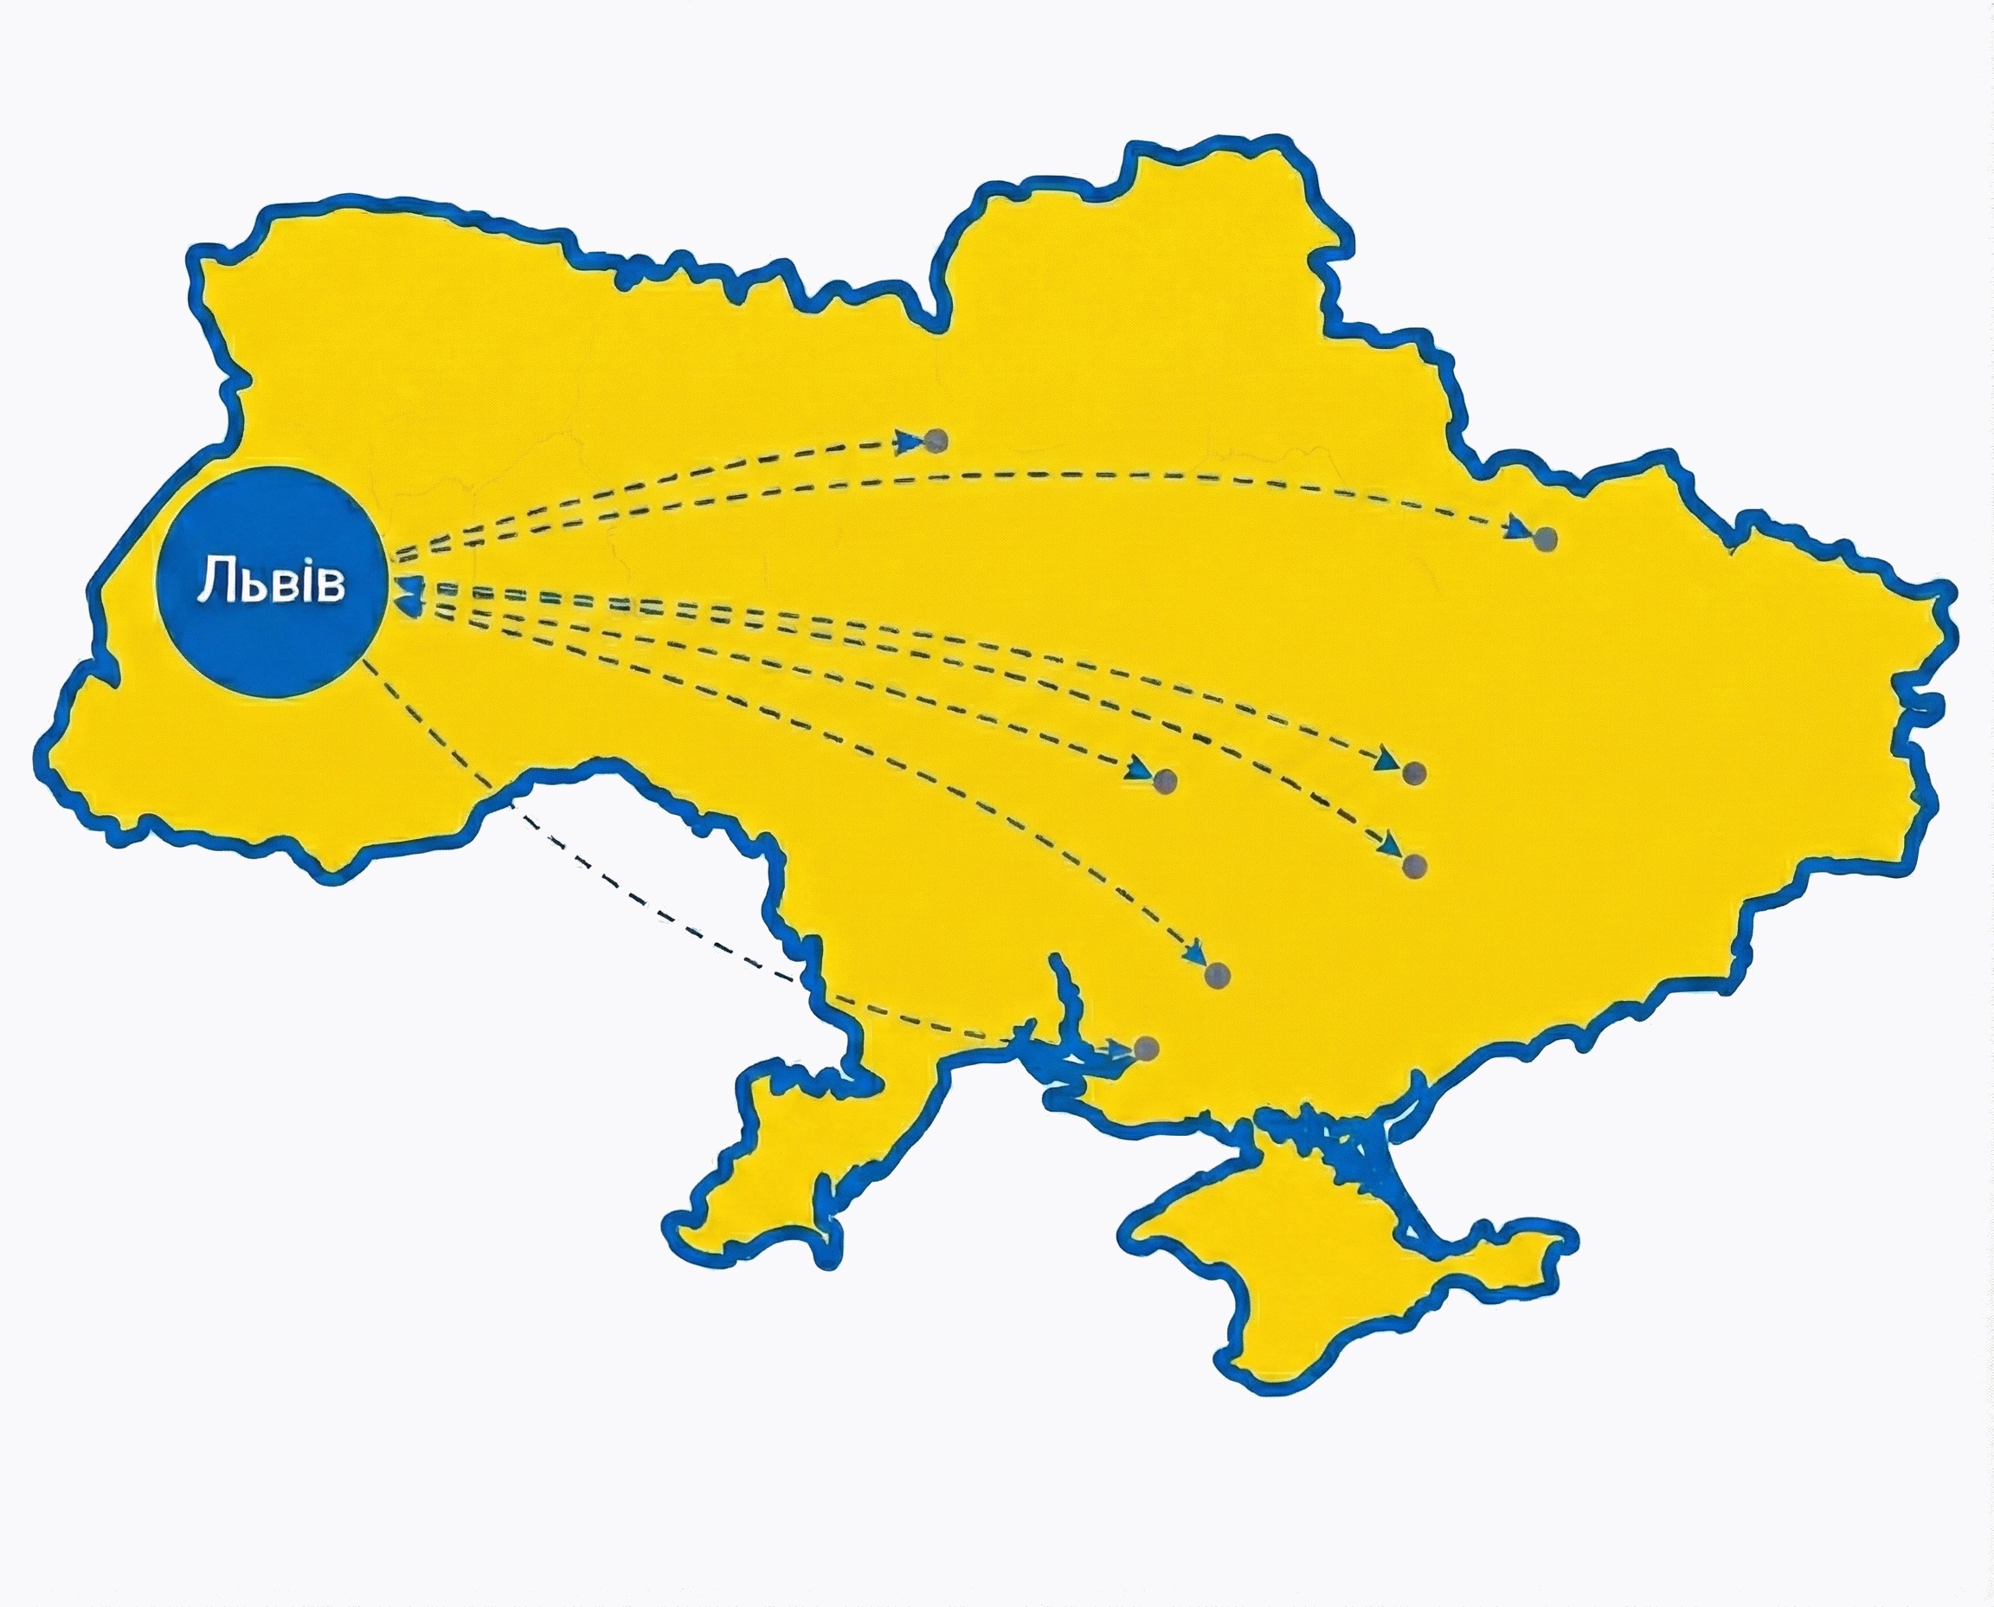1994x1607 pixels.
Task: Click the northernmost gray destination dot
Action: [936, 441]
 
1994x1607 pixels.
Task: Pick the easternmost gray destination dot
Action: [1544, 539]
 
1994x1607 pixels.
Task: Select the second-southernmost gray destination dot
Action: [1218, 975]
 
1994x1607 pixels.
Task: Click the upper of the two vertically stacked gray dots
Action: [1414, 773]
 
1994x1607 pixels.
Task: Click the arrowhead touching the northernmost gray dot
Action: [911, 442]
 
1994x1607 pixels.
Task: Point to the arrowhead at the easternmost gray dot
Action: [1518, 530]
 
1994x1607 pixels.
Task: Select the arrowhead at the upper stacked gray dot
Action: [1387, 763]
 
